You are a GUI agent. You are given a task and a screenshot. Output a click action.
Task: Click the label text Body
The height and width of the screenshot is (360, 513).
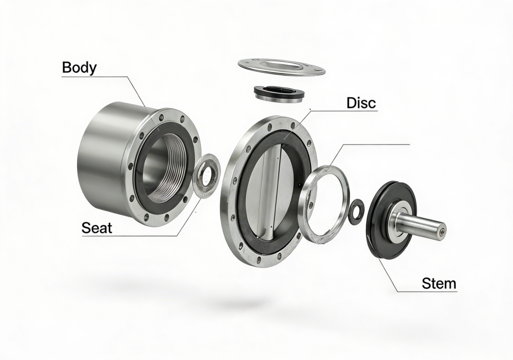(x=79, y=68)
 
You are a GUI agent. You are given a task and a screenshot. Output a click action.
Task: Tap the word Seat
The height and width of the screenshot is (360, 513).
(x=97, y=228)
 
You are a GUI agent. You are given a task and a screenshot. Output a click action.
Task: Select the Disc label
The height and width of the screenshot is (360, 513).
(x=361, y=103)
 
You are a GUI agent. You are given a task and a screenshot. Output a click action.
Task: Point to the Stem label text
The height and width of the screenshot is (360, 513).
(x=439, y=283)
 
